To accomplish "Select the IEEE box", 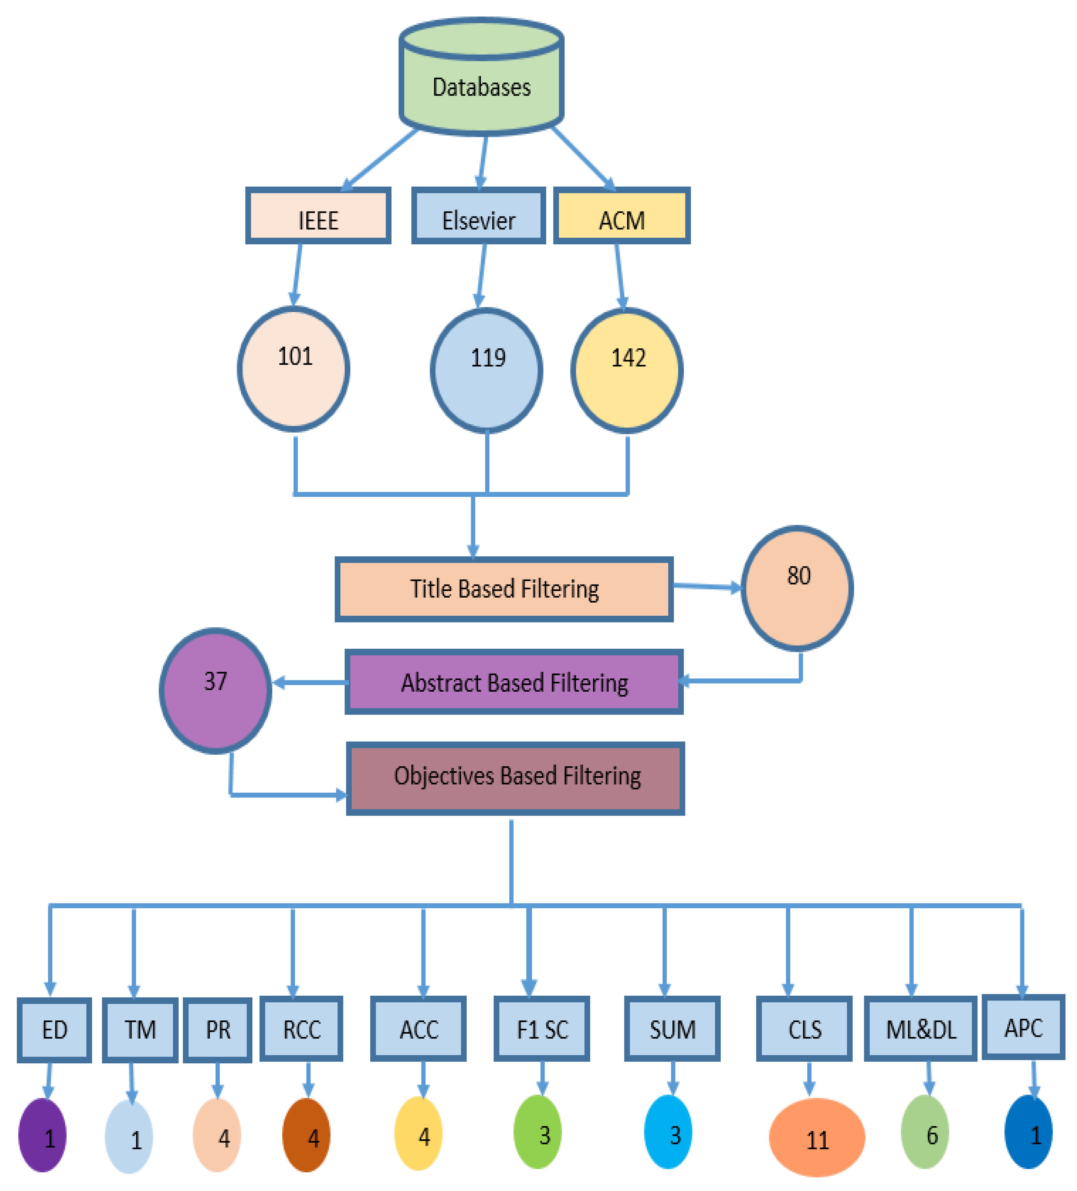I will pos(318,216).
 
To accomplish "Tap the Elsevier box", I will pos(478,216).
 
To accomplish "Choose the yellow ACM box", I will pos(621,216).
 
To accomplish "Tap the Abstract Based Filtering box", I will pos(514,682).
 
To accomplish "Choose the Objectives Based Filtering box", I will pos(515,779).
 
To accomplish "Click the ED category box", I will pos(55,1030).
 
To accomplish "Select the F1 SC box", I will pos(542,1029).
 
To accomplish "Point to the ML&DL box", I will pos(920,1029).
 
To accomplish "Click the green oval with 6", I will pos(924,1132).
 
